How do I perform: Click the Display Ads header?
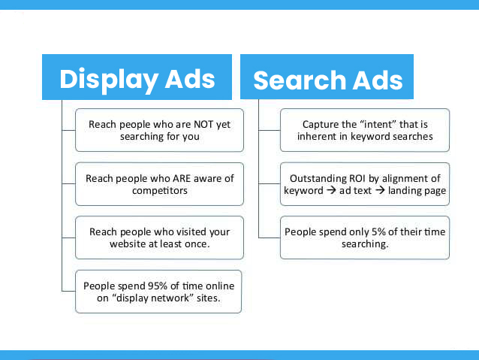point(137,77)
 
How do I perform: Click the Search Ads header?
point(327,77)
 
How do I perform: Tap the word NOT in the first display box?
point(203,125)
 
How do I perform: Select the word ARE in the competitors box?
point(182,178)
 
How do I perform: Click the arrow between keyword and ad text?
point(331,190)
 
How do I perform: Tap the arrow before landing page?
point(380,190)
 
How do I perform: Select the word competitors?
point(160,191)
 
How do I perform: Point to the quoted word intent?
point(378,125)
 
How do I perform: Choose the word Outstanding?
point(316,178)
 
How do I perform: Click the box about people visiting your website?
point(159,237)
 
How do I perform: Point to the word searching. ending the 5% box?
point(365,244)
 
